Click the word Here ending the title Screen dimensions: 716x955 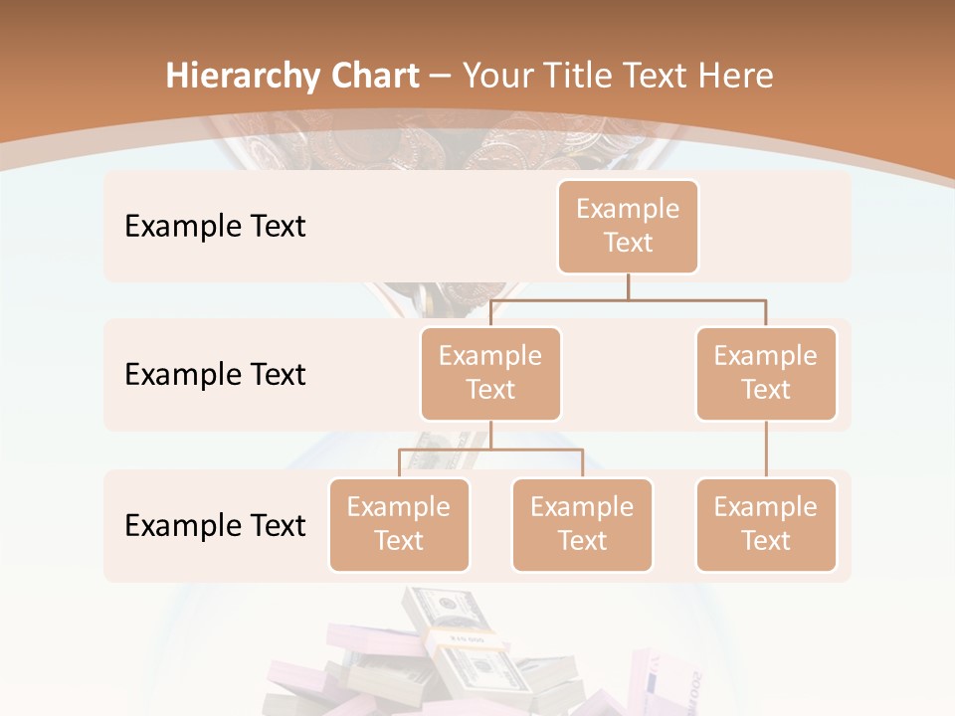735,77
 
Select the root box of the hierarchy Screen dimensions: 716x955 628,226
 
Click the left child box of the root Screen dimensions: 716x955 490,373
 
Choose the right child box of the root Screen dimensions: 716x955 766,373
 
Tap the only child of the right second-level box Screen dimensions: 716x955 766,524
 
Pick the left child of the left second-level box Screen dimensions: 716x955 399,524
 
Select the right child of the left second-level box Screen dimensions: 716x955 582,524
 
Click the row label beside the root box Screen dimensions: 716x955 215,226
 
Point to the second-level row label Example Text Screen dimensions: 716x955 215,374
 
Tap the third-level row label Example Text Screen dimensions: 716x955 215,525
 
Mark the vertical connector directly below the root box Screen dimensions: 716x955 628,285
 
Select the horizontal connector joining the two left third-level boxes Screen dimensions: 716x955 490,449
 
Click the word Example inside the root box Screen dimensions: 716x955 628,209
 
